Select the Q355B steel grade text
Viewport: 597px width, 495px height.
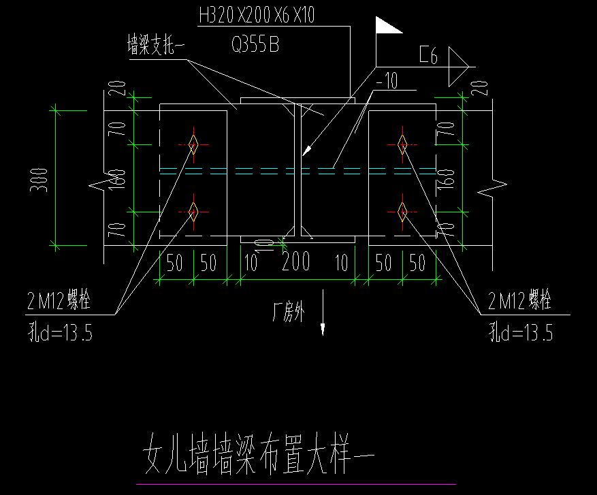pyautogui.click(x=255, y=46)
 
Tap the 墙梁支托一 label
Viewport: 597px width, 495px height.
pyautogui.click(x=156, y=48)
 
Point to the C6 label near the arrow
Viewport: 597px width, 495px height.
pyautogui.click(x=428, y=57)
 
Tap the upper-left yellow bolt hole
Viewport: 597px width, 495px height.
pyautogui.click(x=193, y=144)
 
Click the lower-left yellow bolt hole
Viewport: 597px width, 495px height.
pyautogui.click(x=193, y=212)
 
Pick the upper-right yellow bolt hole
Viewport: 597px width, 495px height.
pyautogui.click(x=402, y=144)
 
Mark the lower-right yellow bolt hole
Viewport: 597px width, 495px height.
pyautogui.click(x=402, y=212)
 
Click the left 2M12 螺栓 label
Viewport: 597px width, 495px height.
pyautogui.click(x=58, y=302)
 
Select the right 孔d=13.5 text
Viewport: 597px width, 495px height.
pyautogui.click(x=521, y=333)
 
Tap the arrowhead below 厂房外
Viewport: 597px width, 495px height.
pyautogui.click(x=323, y=330)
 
